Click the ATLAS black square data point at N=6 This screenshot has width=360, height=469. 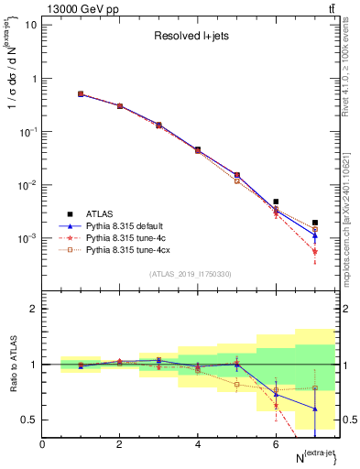click(x=276, y=202)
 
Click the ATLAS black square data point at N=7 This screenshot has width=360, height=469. click(x=314, y=223)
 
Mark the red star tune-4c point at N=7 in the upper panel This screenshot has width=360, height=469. click(x=314, y=251)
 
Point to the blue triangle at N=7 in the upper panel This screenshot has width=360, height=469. click(x=314, y=235)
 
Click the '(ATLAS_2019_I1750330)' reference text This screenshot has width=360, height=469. click(x=190, y=274)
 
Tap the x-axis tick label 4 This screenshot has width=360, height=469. click(x=198, y=444)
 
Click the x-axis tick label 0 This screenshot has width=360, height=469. click(x=43, y=444)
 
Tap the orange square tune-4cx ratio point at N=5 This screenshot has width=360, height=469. click(x=236, y=385)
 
